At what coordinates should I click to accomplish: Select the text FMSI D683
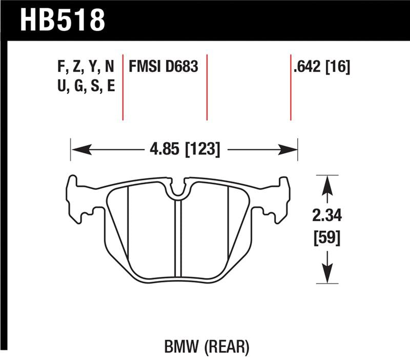(x=163, y=68)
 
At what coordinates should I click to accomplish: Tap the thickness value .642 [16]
(x=321, y=68)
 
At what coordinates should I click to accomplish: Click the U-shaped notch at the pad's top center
(x=177, y=190)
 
